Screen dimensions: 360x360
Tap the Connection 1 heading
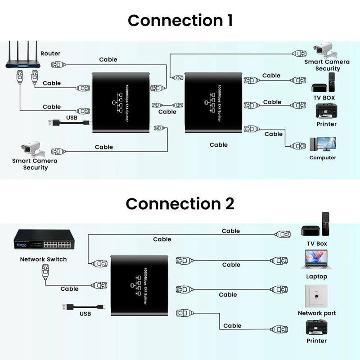coord(180,20)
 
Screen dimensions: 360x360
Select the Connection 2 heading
coord(180,203)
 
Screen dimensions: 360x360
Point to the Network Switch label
coord(43,259)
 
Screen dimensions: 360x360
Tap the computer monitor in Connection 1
coord(323,145)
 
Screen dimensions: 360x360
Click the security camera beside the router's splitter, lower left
coord(31,149)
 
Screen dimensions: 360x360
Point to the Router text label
coord(50,54)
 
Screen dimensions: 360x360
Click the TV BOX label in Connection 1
coord(324,98)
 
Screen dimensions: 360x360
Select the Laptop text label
coord(316,276)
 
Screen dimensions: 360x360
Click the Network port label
coord(317,313)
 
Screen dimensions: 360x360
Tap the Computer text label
coord(323,157)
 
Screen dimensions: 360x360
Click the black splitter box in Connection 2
coord(139,284)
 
